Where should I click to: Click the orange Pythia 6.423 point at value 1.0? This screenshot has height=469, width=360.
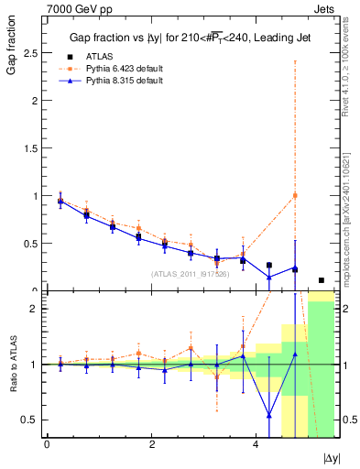click(295, 195)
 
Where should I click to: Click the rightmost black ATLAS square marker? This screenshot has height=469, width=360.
click(321, 280)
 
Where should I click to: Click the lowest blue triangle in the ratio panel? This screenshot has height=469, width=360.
click(268, 415)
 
